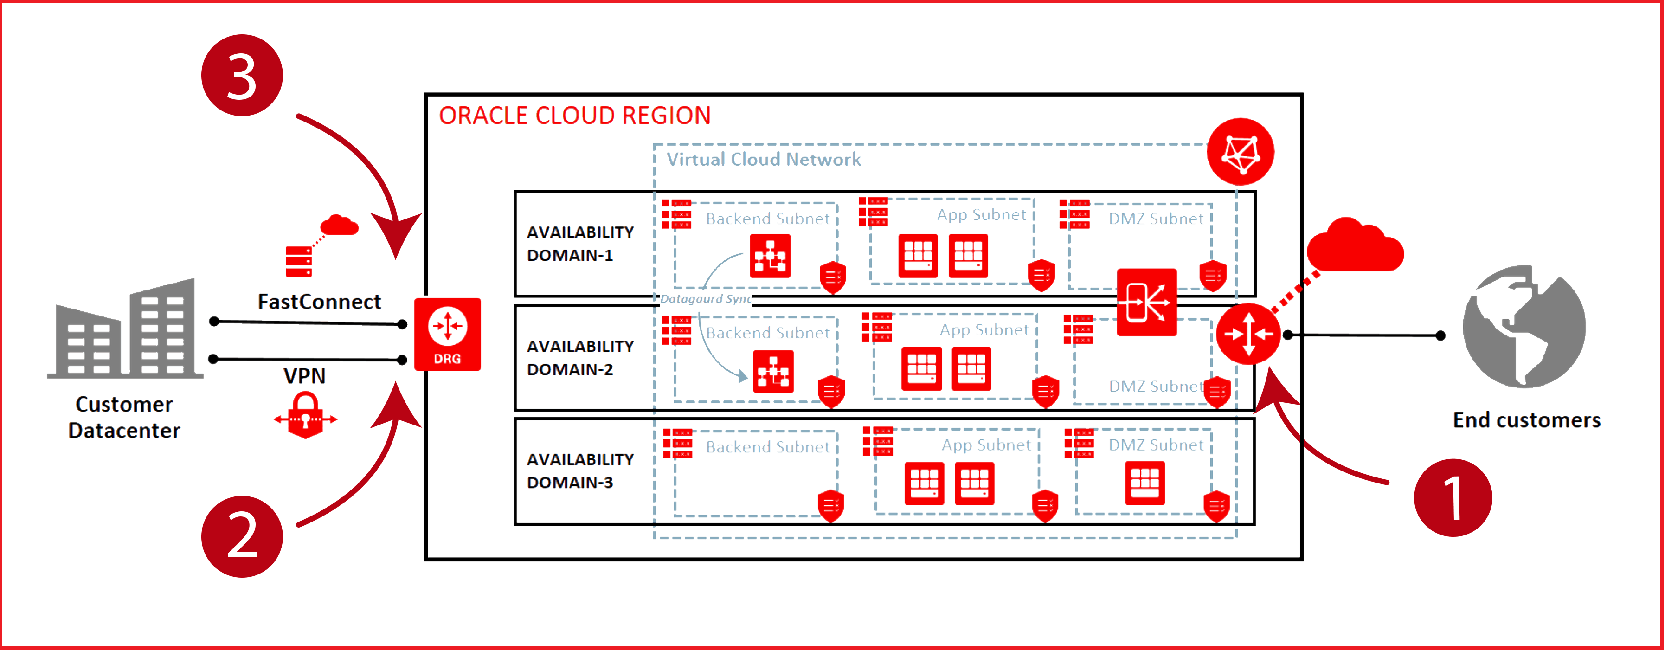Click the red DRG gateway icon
click(x=447, y=334)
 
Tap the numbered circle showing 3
click(x=242, y=76)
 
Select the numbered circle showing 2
click(x=242, y=536)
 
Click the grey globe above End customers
click(x=1524, y=327)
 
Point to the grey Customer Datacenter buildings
click(x=125, y=330)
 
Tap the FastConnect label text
click(x=319, y=301)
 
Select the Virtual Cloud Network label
click(x=763, y=159)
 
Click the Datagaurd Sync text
click(x=706, y=299)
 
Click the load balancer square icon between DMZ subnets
click(x=1147, y=302)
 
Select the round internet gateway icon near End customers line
click(x=1248, y=334)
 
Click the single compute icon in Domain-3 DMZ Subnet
click(x=1144, y=482)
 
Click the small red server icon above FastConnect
click(x=299, y=261)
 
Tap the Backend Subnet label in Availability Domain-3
click(x=767, y=447)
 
